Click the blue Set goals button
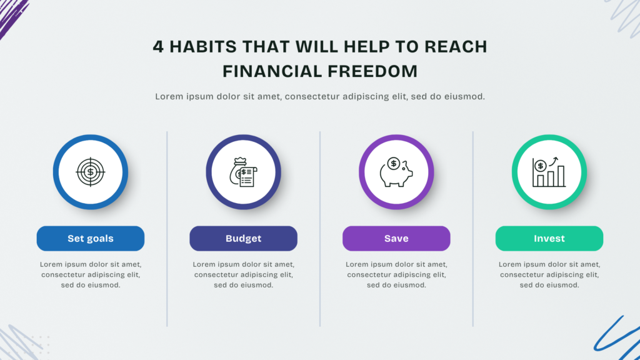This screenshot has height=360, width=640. (x=90, y=238)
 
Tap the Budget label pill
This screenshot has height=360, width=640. (x=243, y=238)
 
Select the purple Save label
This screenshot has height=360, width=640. (x=396, y=238)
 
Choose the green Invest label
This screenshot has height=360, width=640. (x=549, y=238)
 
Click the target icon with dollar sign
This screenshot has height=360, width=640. (x=90, y=172)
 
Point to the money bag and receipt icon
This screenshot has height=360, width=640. (x=243, y=172)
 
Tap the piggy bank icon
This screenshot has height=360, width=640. (x=396, y=172)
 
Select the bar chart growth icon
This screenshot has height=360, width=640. (x=549, y=172)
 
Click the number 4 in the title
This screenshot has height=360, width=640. (x=158, y=46)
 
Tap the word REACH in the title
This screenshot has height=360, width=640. (x=456, y=46)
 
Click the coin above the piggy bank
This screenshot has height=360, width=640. (x=394, y=163)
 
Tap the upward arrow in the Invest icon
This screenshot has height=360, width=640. (x=554, y=161)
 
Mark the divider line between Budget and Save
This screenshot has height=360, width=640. (x=320, y=229)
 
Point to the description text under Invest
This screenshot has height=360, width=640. (x=549, y=275)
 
